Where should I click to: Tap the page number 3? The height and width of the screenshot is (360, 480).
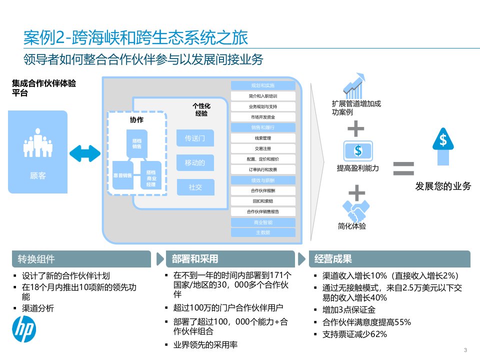(466, 349)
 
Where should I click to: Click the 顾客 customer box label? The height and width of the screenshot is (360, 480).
(37, 175)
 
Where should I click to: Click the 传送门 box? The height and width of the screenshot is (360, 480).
(195, 138)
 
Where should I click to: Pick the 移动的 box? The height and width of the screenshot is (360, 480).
(195, 163)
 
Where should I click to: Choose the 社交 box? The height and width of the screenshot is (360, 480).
(195, 187)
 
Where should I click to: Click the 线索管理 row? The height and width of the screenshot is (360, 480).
(263, 138)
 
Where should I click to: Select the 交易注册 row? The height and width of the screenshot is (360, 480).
(263, 148)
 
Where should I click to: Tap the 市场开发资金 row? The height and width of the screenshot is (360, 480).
(263, 117)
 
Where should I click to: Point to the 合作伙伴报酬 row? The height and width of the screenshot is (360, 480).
(263, 190)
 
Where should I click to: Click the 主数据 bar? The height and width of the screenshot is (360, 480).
(263, 232)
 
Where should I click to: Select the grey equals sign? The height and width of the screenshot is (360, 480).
(403, 167)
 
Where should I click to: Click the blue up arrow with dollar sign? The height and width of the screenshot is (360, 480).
(443, 145)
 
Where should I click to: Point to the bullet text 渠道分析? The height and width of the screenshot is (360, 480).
(38, 308)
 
